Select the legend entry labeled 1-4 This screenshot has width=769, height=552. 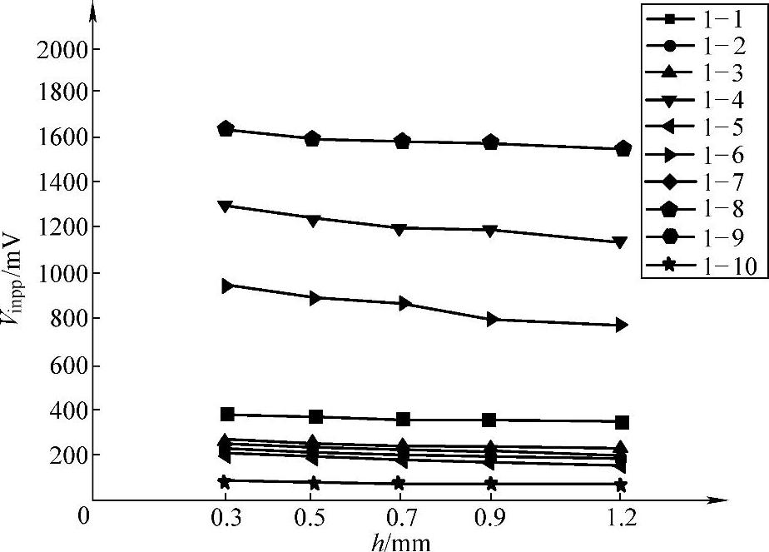tap(703, 99)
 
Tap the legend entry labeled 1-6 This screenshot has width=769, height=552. tap(703, 155)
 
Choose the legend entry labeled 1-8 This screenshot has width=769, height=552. tap(703, 211)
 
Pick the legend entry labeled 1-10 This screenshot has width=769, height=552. tap(703, 266)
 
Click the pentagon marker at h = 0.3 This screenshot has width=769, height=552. tap(226, 129)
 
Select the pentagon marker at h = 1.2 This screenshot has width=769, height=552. tap(623, 149)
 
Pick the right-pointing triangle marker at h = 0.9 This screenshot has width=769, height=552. tap(491, 319)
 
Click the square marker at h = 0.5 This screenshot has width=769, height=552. tap(313, 416)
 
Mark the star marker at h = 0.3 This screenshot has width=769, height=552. tap(224, 481)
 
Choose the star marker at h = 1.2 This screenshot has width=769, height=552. tap(621, 485)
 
